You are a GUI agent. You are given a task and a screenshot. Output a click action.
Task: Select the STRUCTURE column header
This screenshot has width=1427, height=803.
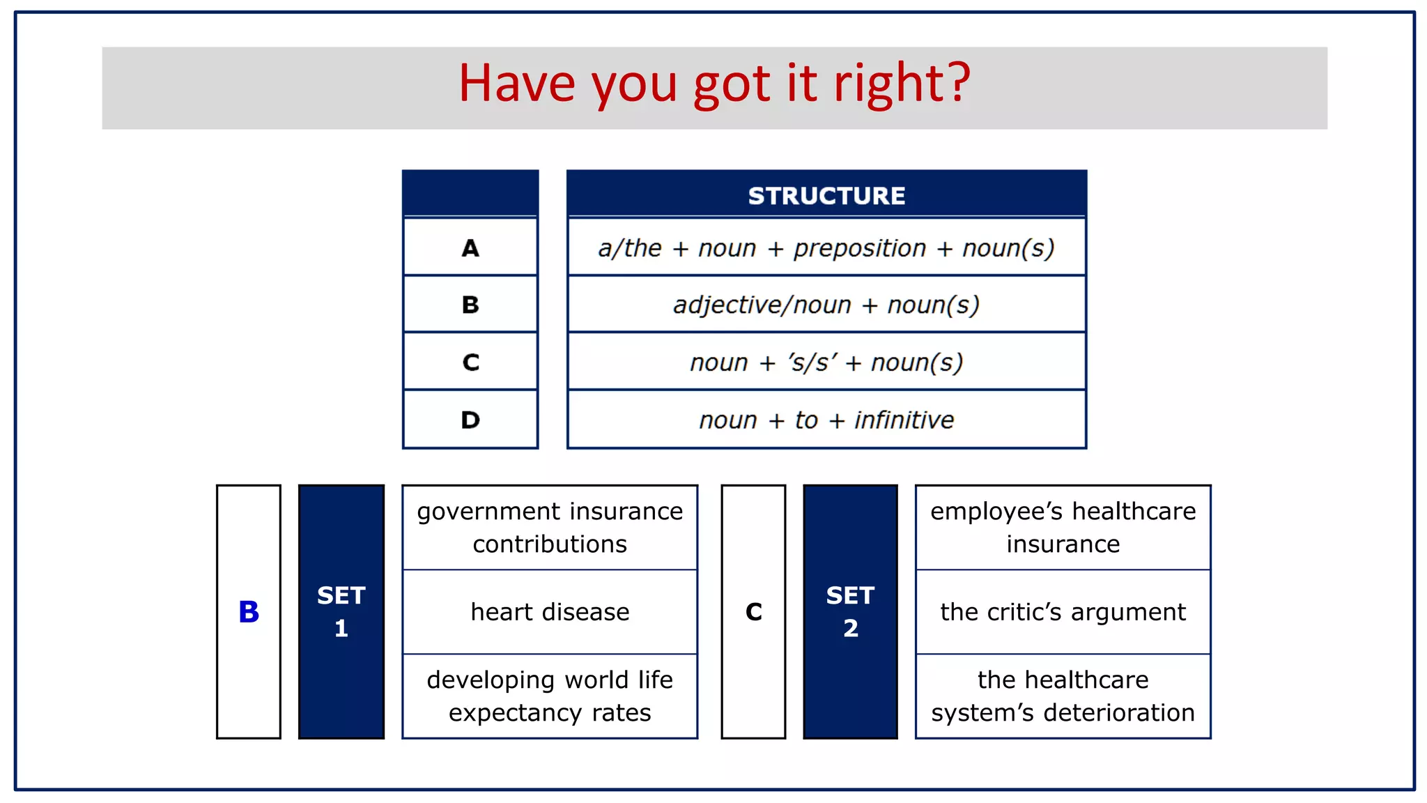pyautogui.click(x=826, y=196)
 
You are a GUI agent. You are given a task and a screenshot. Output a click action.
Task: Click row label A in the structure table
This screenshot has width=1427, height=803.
pyautogui.click(x=470, y=248)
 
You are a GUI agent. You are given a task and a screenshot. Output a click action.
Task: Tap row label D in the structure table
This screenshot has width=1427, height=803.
pyautogui.click(x=470, y=420)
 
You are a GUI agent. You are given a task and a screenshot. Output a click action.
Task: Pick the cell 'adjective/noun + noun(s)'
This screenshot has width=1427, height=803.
pyautogui.click(x=826, y=305)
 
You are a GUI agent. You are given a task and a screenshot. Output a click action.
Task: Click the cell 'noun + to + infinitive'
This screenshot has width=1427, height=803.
pyautogui.click(x=826, y=420)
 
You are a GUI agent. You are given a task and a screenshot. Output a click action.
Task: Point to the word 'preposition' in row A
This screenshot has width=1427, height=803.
pyautogui.click(x=860, y=248)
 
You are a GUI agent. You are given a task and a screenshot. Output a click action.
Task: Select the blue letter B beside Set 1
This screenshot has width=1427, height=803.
pyautogui.click(x=249, y=612)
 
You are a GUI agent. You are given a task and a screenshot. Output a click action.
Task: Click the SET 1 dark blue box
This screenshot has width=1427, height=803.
pyautogui.click(x=341, y=612)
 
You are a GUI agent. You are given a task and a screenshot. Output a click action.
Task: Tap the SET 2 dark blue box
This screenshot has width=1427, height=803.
pyautogui.click(x=850, y=612)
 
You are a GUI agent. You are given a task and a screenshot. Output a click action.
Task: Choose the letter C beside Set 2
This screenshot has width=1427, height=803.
pyautogui.click(x=753, y=612)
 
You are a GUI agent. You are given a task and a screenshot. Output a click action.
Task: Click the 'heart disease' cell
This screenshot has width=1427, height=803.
pyautogui.click(x=550, y=612)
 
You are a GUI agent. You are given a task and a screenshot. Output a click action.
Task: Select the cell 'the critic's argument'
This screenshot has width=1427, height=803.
pyautogui.click(x=1063, y=612)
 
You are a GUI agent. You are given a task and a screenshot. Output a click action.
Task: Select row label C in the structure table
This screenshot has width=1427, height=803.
pyautogui.click(x=470, y=362)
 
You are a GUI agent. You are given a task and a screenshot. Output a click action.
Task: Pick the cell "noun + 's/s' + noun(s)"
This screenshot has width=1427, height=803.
pyautogui.click(x=826, y=362)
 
